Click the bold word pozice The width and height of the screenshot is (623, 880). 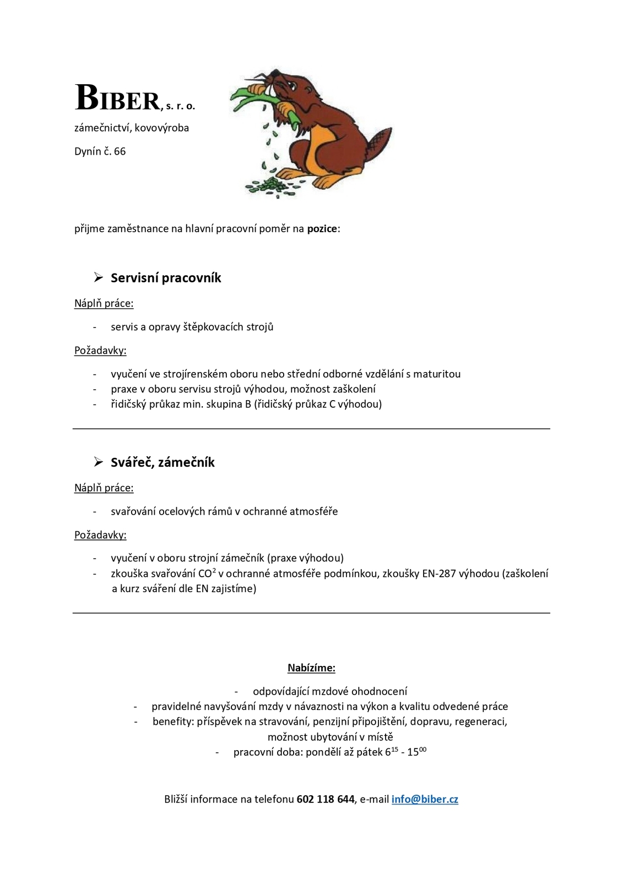322,228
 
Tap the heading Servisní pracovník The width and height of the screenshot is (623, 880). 166,278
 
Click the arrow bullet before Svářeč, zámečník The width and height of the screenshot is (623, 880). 99,462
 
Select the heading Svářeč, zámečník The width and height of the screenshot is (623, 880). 162,462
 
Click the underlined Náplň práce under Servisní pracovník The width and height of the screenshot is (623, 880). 104,303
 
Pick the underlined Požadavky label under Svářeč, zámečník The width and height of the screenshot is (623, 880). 100,535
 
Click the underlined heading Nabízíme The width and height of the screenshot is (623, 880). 311,668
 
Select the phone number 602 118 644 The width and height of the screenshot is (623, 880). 325,799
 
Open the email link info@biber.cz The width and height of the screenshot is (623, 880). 425,799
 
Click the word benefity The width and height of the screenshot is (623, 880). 171,722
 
